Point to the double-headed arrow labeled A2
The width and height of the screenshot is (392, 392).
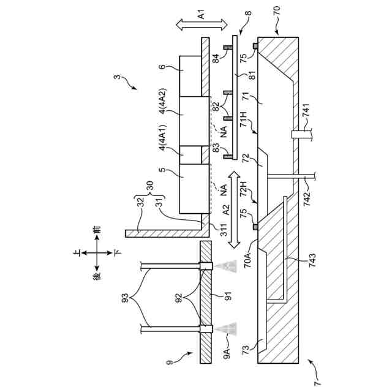pyautogui.click(x=233, y=209)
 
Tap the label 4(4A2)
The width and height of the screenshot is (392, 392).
pyautogui.click(x=162, y=94)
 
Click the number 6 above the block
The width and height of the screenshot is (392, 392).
pyautogui.click(x=162, y=66)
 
